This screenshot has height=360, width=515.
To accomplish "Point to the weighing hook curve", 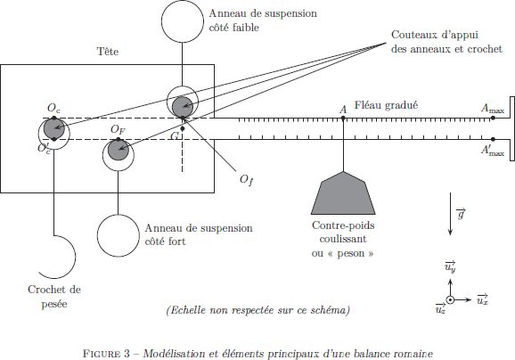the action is [x=75, y=257].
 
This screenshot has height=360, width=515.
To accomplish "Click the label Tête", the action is [x=108, y=52].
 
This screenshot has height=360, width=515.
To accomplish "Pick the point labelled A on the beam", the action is [x=343, y=118].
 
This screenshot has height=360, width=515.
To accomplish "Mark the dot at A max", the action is [x=493, y=118].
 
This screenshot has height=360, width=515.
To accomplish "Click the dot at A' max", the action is [x=493, y=139].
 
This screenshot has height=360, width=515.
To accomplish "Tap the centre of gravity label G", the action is [x=175, y=135].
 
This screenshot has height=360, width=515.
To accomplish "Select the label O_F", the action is [x=118, y=130].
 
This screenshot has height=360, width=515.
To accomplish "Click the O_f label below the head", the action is [x=247, y=180].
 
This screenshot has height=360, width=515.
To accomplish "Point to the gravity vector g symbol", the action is [x=462, y=214].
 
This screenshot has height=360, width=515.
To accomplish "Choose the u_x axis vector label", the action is [x=483, y=299].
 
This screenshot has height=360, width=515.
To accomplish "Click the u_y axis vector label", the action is [x=450, y=266].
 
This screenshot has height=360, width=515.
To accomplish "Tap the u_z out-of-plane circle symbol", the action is [x=450, y=299].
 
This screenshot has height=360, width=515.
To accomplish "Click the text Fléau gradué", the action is [x=386, y=105].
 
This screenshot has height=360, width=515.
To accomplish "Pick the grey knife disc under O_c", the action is [x=53, y=128].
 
